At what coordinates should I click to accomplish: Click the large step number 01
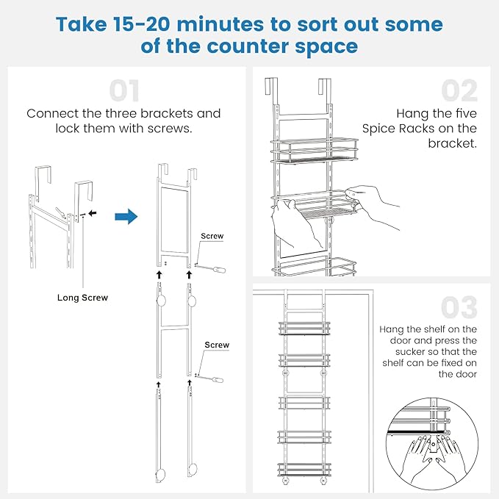click(124, 90)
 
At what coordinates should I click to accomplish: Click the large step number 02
click(460, 90)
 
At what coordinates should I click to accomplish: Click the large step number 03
click(460, 307)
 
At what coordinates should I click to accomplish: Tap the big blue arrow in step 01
click(126, 217)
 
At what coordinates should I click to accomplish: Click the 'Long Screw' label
click(82, 298)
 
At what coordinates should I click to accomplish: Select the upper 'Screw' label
click(212, 237)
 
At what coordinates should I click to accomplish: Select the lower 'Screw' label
click(217, 345)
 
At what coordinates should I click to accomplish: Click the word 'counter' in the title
click(248, 47)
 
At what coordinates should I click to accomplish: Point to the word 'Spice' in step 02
click(379, 129)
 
